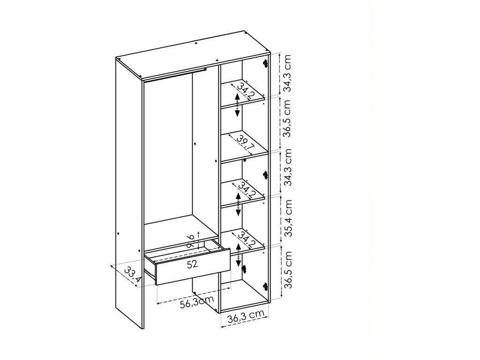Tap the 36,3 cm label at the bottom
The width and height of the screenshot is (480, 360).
[246, 317]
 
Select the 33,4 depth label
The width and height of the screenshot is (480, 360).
[133, 275]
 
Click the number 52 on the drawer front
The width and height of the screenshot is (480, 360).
[193, 264]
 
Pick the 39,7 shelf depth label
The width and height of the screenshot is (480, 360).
[246, 142]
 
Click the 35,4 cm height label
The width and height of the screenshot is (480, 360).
[288, 218]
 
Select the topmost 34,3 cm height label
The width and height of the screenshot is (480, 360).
[287, 74]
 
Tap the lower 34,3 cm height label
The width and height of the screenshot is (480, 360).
[287, 167]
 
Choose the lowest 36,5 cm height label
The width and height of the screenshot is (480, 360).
[288, 270]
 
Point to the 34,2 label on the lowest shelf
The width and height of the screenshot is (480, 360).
[247, 240]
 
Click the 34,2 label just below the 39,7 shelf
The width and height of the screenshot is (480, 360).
[247, 190]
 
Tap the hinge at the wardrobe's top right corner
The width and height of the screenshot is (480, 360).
[265, 63]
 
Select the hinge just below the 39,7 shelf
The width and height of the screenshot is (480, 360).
[265, 175]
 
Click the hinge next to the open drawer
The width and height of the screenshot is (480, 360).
[244, 269]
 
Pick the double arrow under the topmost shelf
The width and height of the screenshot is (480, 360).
[237, 105]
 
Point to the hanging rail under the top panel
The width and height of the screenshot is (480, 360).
[174, 75]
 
